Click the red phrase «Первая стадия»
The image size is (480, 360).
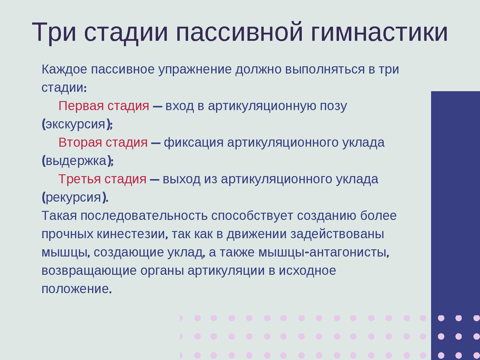point(104,106)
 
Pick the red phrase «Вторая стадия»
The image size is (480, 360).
point(103,142)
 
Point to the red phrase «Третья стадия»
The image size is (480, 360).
point(102,179)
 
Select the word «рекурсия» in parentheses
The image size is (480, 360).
point(73,197)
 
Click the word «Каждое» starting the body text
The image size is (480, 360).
point(64,70)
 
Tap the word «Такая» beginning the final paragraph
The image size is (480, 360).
point(59,216)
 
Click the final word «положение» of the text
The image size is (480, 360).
point(75,289)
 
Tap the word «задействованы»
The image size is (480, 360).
point(337,234)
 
